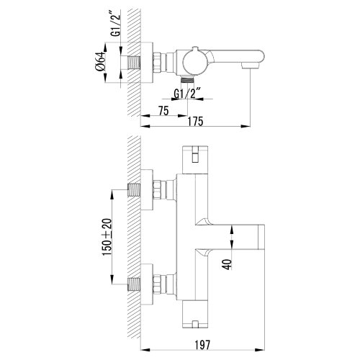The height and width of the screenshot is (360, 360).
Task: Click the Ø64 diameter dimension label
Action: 100,61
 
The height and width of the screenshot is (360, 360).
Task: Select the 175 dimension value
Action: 195,122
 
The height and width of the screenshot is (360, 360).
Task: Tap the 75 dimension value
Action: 163,111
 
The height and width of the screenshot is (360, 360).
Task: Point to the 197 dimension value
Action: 202,345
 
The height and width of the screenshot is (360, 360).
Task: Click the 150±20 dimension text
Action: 107,237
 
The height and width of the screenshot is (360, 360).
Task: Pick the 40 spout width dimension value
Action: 228,264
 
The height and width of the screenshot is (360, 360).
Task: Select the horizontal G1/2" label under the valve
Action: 187,94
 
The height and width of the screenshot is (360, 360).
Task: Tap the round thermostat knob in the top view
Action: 194,62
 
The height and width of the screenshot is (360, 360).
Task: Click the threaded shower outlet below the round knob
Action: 187,79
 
